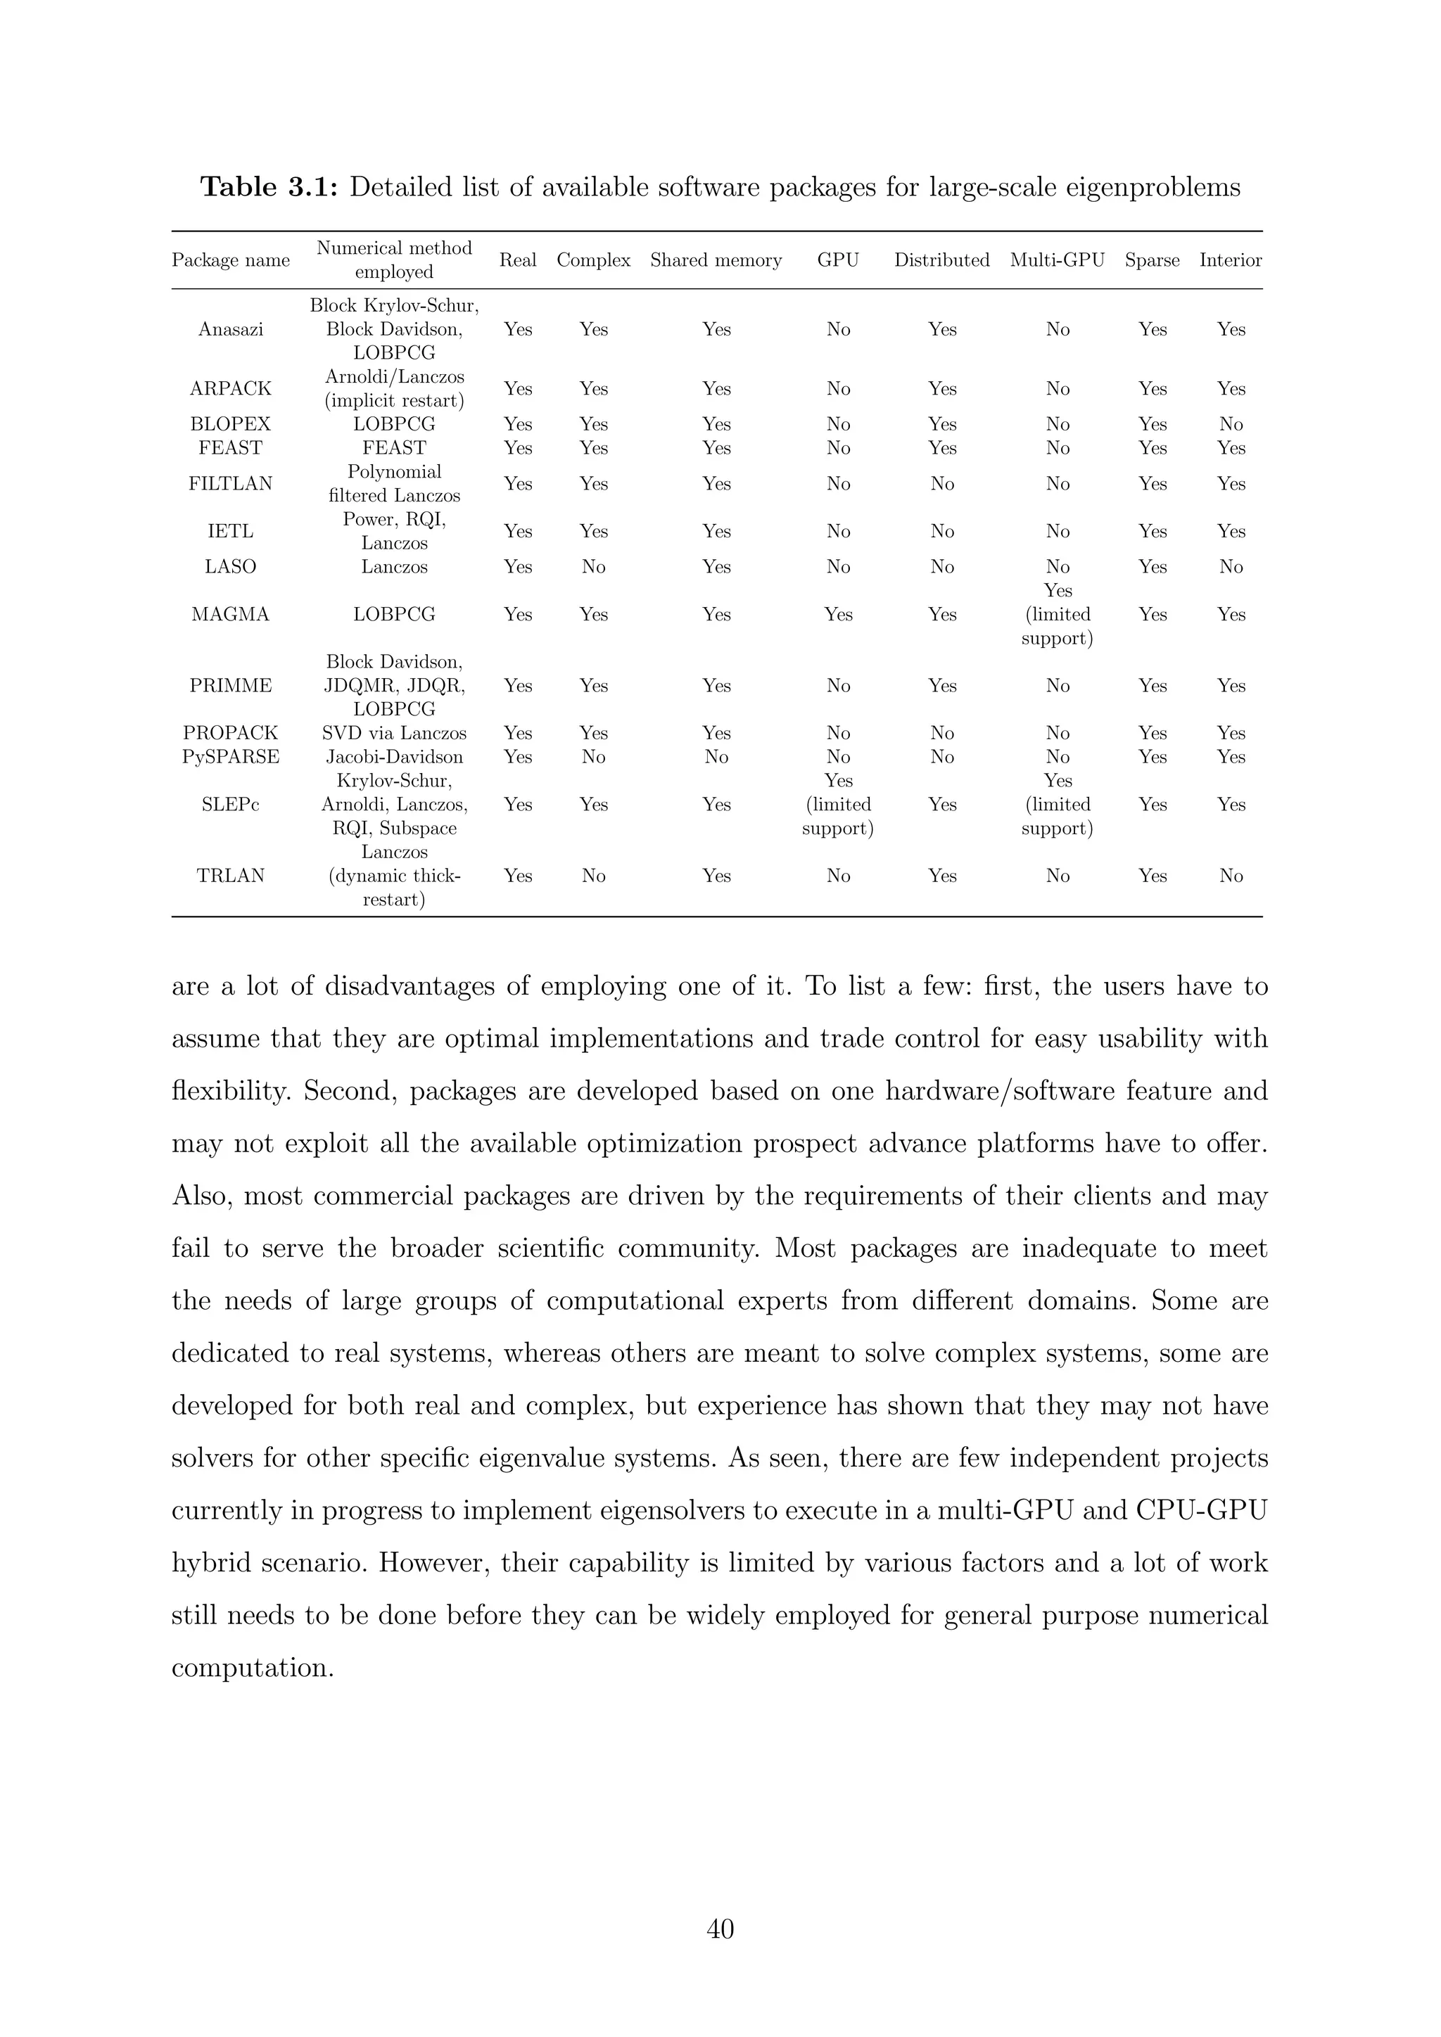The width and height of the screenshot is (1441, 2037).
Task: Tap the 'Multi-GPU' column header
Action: click(x=1057, y=260)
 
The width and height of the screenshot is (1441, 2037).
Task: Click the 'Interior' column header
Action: click(x=1230, y=260)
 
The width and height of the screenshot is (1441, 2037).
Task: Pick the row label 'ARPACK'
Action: click(x=230, y=388)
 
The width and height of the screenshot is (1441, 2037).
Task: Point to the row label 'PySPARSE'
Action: click(x=230, y=757)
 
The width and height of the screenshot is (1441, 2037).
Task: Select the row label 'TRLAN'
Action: click(x=230, y=876)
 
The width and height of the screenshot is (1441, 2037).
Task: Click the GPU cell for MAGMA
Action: click(x=837, y=614)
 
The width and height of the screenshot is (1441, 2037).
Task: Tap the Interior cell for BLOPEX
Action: click(x=1230, y=424)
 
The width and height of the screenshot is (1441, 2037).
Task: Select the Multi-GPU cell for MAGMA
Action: click(x=1057, y=614)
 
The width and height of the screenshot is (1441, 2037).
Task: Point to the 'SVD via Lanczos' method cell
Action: click(x=394, y=733)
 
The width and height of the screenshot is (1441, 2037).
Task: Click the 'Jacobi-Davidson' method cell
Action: click(x=394, y=757)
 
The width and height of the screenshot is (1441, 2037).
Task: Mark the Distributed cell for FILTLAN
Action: click(x=941, y=483)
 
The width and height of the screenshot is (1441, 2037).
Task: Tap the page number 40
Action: click(x=720, y=1928)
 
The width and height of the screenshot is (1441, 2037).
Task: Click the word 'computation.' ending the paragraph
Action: click(x=252, y=1668)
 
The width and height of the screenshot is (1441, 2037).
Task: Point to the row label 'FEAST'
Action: click(x=230, y=448)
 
